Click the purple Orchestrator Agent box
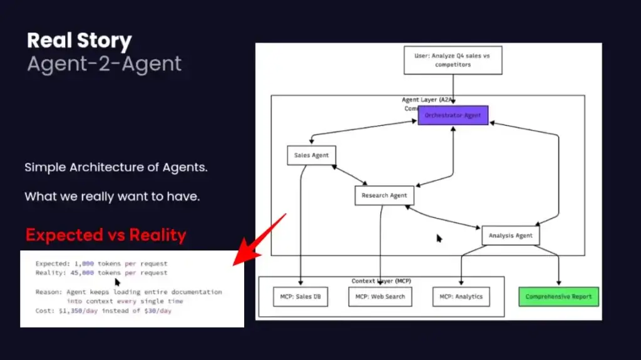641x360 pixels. coord(453,115)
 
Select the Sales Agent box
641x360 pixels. coord(311,155)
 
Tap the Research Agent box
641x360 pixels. coord(384,195)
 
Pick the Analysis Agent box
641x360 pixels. coord(510,235)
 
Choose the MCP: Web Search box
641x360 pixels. coord(380,296)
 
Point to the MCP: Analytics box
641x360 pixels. coord(461,296)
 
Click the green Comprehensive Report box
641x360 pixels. coord(558,296)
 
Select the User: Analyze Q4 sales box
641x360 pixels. coord(453,60)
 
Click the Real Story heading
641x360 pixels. coord(79,41)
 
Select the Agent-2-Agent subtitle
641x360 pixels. coord(105,64)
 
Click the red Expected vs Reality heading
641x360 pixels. coord(106,235)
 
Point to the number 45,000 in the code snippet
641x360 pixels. coord(81,273)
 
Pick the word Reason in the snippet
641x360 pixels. coord(48,292)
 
